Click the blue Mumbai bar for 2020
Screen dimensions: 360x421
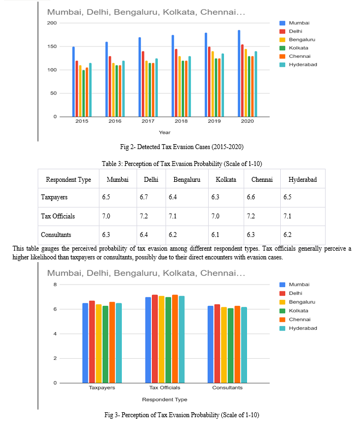point(239,74)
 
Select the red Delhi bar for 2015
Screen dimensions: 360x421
point(76,89)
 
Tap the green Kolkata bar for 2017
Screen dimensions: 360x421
point(150,90)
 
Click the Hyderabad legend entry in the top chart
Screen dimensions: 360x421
point(298,64)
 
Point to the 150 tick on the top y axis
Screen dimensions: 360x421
point(52,46)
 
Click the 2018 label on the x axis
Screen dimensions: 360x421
point(181,121)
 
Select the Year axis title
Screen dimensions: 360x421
point(164,132)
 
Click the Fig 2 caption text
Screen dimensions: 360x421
point(181,147)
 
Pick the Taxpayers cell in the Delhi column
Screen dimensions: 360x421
point(144,197)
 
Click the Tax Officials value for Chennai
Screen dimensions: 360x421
point(251,216)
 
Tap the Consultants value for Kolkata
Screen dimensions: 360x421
point(215,235)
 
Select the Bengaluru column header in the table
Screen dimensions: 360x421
point(187,179)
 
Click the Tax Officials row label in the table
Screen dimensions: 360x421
point(58,216)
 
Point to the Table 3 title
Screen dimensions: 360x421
point(182,163)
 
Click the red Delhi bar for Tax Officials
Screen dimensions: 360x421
point(155,339)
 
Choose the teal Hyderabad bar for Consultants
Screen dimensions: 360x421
point(244,345)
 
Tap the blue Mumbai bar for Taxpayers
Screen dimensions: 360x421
point(85,343)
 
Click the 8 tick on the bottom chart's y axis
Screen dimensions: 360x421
point(55,284)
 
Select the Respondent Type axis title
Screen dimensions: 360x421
point(164,400)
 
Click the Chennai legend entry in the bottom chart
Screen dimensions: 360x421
point(295,319)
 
